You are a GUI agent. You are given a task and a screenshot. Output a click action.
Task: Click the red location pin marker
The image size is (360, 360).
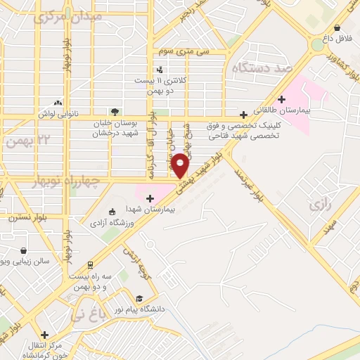pyautogui.click(x=181, y=165)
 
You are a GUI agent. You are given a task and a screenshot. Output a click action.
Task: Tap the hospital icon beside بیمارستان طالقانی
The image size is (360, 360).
pyautogui.click(x=282, y=99)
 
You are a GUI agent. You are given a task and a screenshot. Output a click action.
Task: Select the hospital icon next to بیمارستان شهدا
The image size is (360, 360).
pyautogui.click(x=149, y=199)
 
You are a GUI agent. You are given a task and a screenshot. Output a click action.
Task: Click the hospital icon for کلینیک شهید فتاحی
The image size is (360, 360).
pyautogui.click(x=243, y=115)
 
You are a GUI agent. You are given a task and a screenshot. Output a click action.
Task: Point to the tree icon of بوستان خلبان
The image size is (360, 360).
pyautogui.click(x=114, y=111)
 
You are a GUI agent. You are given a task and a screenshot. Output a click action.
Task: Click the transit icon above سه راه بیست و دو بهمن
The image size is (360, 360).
pyautogui.click(x=90, y=265)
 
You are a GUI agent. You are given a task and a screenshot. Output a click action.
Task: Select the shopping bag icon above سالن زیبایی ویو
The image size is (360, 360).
pyautogui.click(x=25, y=250)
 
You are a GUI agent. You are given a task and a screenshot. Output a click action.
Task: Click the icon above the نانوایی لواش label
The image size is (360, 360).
pyautogui.click(x=58, y=103)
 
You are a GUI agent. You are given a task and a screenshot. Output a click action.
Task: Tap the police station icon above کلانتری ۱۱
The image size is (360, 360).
pyautogui.click(x=161, y=70)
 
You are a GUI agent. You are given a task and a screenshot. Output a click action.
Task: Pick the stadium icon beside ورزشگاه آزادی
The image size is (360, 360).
pyautogui.click(x=111, y=212)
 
